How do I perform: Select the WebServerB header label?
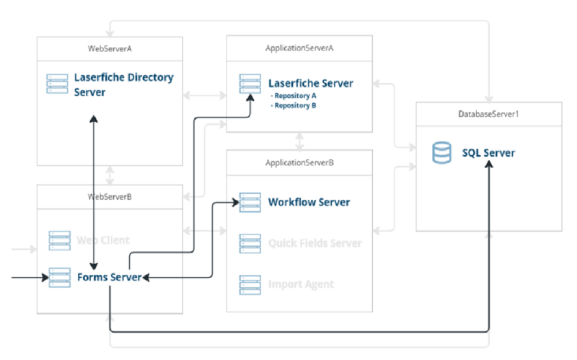(x=110, y=196)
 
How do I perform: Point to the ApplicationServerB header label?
(x=299, y=162)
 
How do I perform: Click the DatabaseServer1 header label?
(x=488, y=114)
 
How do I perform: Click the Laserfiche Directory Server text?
(x=124, y=84)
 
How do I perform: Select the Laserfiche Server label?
(x=310, y=83)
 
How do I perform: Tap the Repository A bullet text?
(x=294, y=95)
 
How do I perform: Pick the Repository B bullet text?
(x=294, y=105)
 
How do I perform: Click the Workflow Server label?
(x=309, y=202)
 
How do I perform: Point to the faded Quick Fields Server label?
(x=314, y=243)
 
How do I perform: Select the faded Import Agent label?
(x=301, y=284)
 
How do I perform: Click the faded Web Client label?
(x=103, y=240)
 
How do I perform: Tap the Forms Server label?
(x=107, y=276)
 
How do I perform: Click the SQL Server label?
(x=488, y=153)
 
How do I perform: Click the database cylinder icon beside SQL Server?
(x=441, y=153)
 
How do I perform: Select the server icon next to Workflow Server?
(x=250, y=202)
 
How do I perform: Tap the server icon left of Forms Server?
(x=59, y=277)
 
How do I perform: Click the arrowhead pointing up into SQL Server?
(x=489, y=165)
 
